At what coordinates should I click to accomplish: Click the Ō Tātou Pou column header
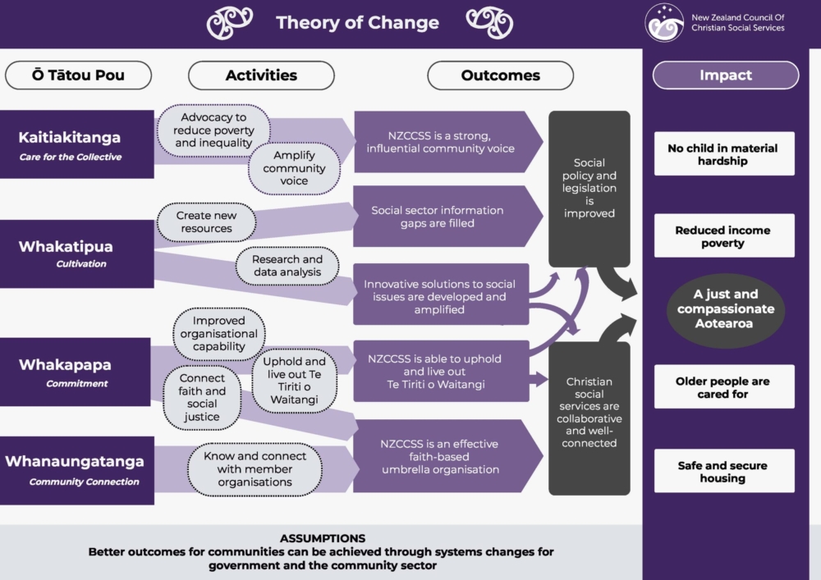(79, 75)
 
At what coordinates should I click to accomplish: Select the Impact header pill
(726, 75)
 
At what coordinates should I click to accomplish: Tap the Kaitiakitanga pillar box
(77, 144)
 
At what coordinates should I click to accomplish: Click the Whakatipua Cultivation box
(77, 253)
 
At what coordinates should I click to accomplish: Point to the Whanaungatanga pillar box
(77, 470)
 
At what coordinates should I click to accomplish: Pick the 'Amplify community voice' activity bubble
(294, 168)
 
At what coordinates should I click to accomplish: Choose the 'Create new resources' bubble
(206, 221)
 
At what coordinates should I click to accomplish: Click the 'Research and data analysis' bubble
(287, 266)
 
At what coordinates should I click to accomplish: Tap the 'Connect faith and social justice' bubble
(202, 397)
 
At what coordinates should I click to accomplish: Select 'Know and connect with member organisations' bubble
(255, 469)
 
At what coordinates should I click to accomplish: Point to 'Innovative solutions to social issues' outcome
(441, 296)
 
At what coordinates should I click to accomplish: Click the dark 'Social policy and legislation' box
(589, 189)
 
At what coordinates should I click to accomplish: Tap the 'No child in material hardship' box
(724, 153)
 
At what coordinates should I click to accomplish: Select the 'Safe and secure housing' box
(724, 471)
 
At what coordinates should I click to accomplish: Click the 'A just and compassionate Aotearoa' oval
(726, 309)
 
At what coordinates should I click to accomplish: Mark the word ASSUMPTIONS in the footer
(323, 538)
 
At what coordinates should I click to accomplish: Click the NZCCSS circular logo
(664, 22)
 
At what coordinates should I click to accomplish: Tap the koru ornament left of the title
(229, 23)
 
